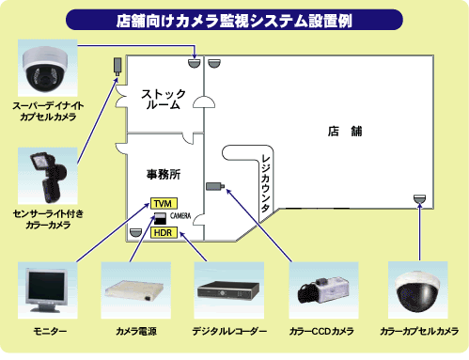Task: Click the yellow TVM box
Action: pyautogui.click(x=164, y=204)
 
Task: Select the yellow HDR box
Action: pyautogui.click(x=164, y=233)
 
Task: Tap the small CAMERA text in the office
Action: pyautogui.click(x=180, y=216)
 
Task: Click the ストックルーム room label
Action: pyautogui.click(x=164, y=99)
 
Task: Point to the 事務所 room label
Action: pyautogui.click(x=164, y=174)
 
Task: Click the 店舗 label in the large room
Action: pyautogui.click(x=345, y=132)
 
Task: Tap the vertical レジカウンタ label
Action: pyautogui.click(x=265, y=183)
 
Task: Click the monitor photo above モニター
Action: pyautogui.click(x=47, y=290)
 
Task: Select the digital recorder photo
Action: pyautogui.click(x=229, y=290)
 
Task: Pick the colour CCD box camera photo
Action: pyautogui.click(x=323, y=290)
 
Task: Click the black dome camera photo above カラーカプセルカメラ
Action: pyautogui.click(x=418, y=290)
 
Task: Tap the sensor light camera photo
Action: pyautogui.click(x=48, y=176)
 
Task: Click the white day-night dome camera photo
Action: pyautogui.click(x=48, y=68)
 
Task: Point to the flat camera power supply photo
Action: pyautogui.click(x=136, y=290)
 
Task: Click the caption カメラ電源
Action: pyautogui.click(x=136, y=331)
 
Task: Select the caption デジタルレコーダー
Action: pyautogui.click(x=229, y=331)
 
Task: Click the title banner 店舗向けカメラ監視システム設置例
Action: pyautogui.click(x=234, y=20)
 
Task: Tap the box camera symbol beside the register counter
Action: pyautogui.click(x=215, y=186)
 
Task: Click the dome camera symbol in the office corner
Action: pyautogui.click(x=135, y=232)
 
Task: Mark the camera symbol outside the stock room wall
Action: pyautogui.click(x=117, y=66)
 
